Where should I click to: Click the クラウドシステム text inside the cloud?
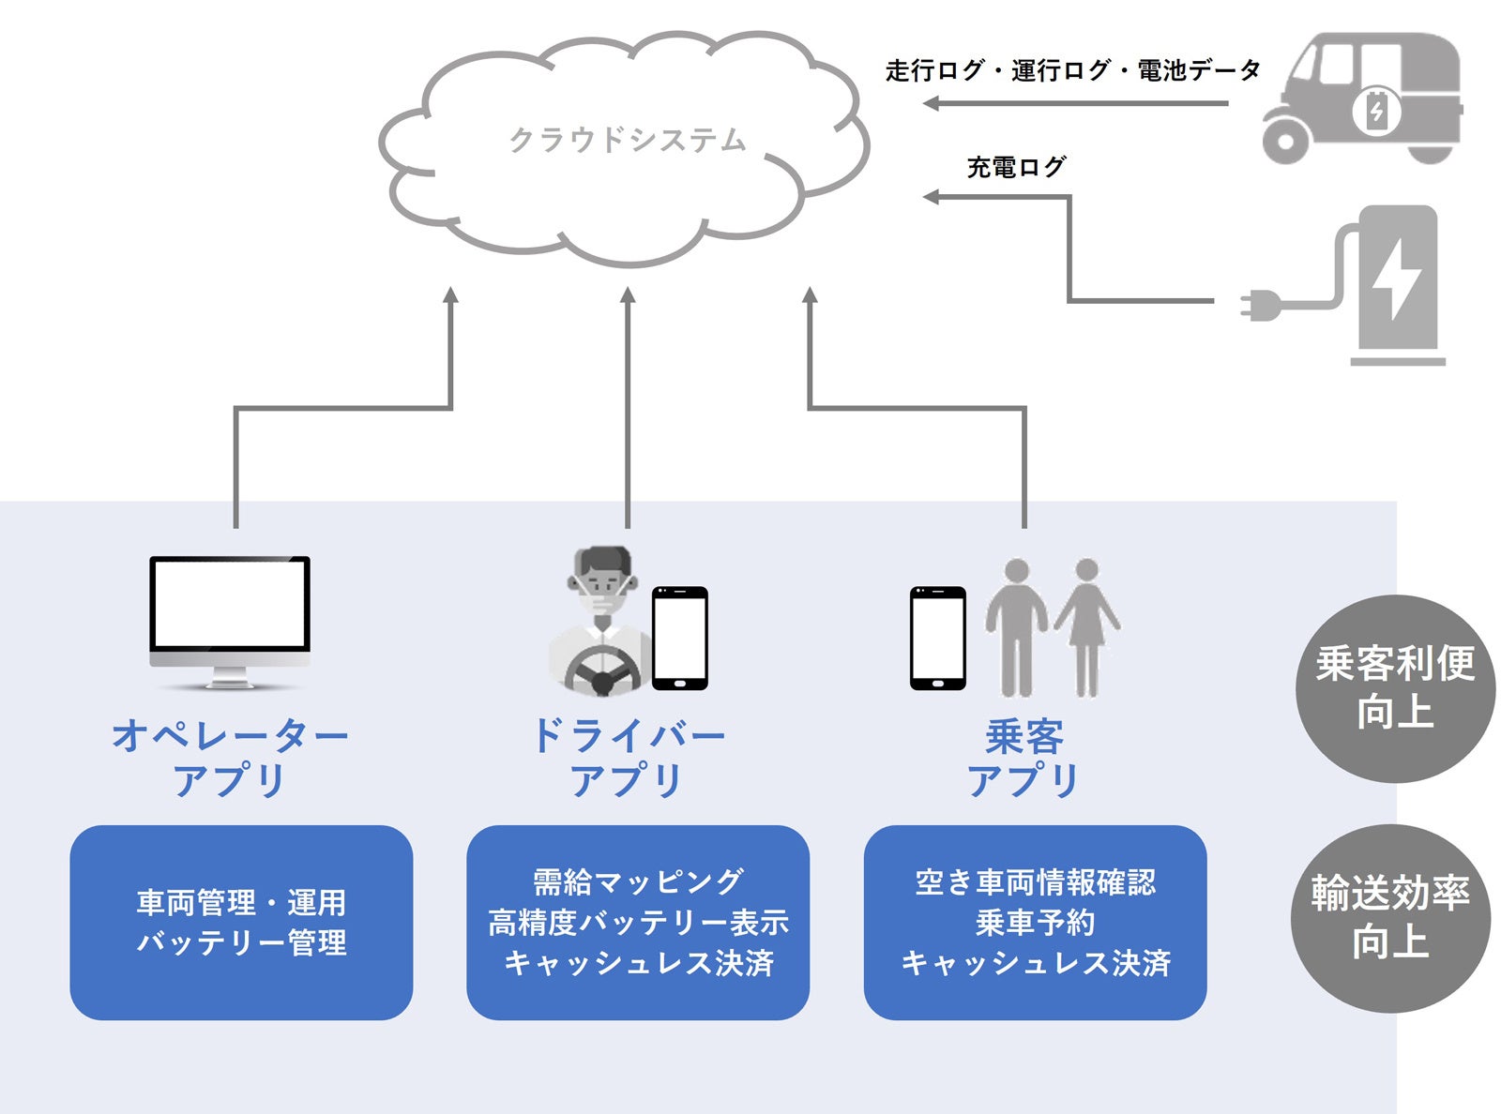627,141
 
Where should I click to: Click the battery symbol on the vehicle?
1376,112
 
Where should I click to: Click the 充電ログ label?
1016,168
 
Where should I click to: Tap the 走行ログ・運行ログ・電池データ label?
1072,70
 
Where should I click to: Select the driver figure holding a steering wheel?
599,624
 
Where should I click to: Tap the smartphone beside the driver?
680,638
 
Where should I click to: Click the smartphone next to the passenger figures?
937,638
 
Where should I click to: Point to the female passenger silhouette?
1086,624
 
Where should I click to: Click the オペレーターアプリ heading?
230,758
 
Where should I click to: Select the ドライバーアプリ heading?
627,758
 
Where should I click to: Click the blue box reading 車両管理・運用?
241,922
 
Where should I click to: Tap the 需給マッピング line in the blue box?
638,882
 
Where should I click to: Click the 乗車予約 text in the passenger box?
1035,923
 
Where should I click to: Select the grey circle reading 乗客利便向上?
1394,688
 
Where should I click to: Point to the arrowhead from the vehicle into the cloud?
931,103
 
